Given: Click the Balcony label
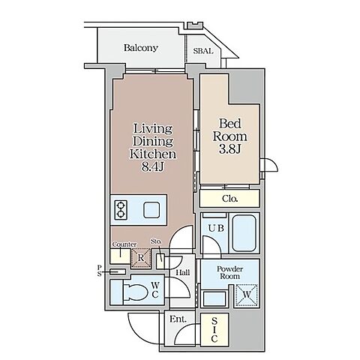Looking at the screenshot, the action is coord(141,48).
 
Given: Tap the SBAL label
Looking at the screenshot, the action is coord(203,51).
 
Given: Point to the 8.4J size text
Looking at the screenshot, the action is coord(153,166).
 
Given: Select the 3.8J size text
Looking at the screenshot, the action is coord(229,149).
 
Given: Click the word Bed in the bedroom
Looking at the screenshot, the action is coord(230,124).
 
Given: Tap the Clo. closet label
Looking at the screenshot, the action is coord(229,199).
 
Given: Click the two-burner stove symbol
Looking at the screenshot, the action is coord(121,210).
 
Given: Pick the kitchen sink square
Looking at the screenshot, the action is coord(151,210).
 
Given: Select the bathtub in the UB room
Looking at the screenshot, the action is coord(244,233).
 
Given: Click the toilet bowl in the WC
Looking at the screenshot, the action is coord(136,292).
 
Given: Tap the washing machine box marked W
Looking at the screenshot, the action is coord(247,295).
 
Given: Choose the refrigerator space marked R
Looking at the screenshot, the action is coord(141,258).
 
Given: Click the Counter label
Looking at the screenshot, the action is coord(124,244).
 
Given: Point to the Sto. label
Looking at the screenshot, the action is coord(156,241).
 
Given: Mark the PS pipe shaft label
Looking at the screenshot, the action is coord(100,271).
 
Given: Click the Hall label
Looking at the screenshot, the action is coord(183,272).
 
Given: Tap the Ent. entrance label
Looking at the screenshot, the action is coord(178,319).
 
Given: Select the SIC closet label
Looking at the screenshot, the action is coord(214,330).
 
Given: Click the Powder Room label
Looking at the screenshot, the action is coord(229,273).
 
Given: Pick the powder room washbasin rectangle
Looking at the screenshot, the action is coord(214,298).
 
